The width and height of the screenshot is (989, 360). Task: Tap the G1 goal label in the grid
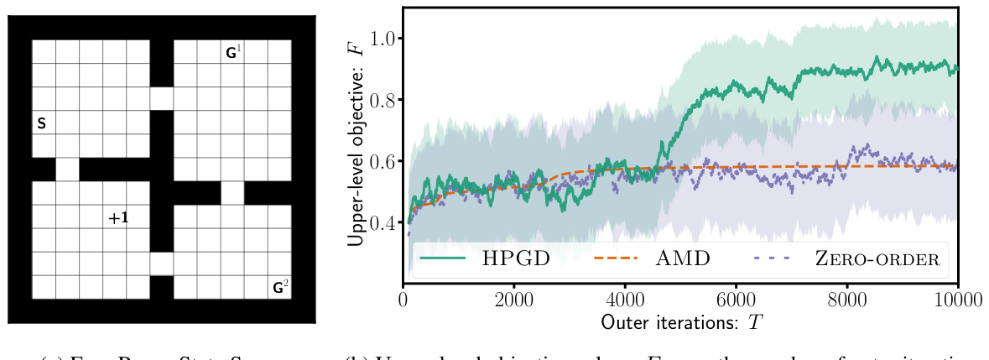pyautogui.click(x=233, y=53)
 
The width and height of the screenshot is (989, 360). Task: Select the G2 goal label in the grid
pyautogui.click(x=280, y=288)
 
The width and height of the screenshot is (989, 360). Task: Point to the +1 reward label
pyautogui.click(x=117, y=218)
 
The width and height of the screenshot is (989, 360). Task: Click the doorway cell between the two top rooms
pyautogui.click(x=162, y=98)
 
